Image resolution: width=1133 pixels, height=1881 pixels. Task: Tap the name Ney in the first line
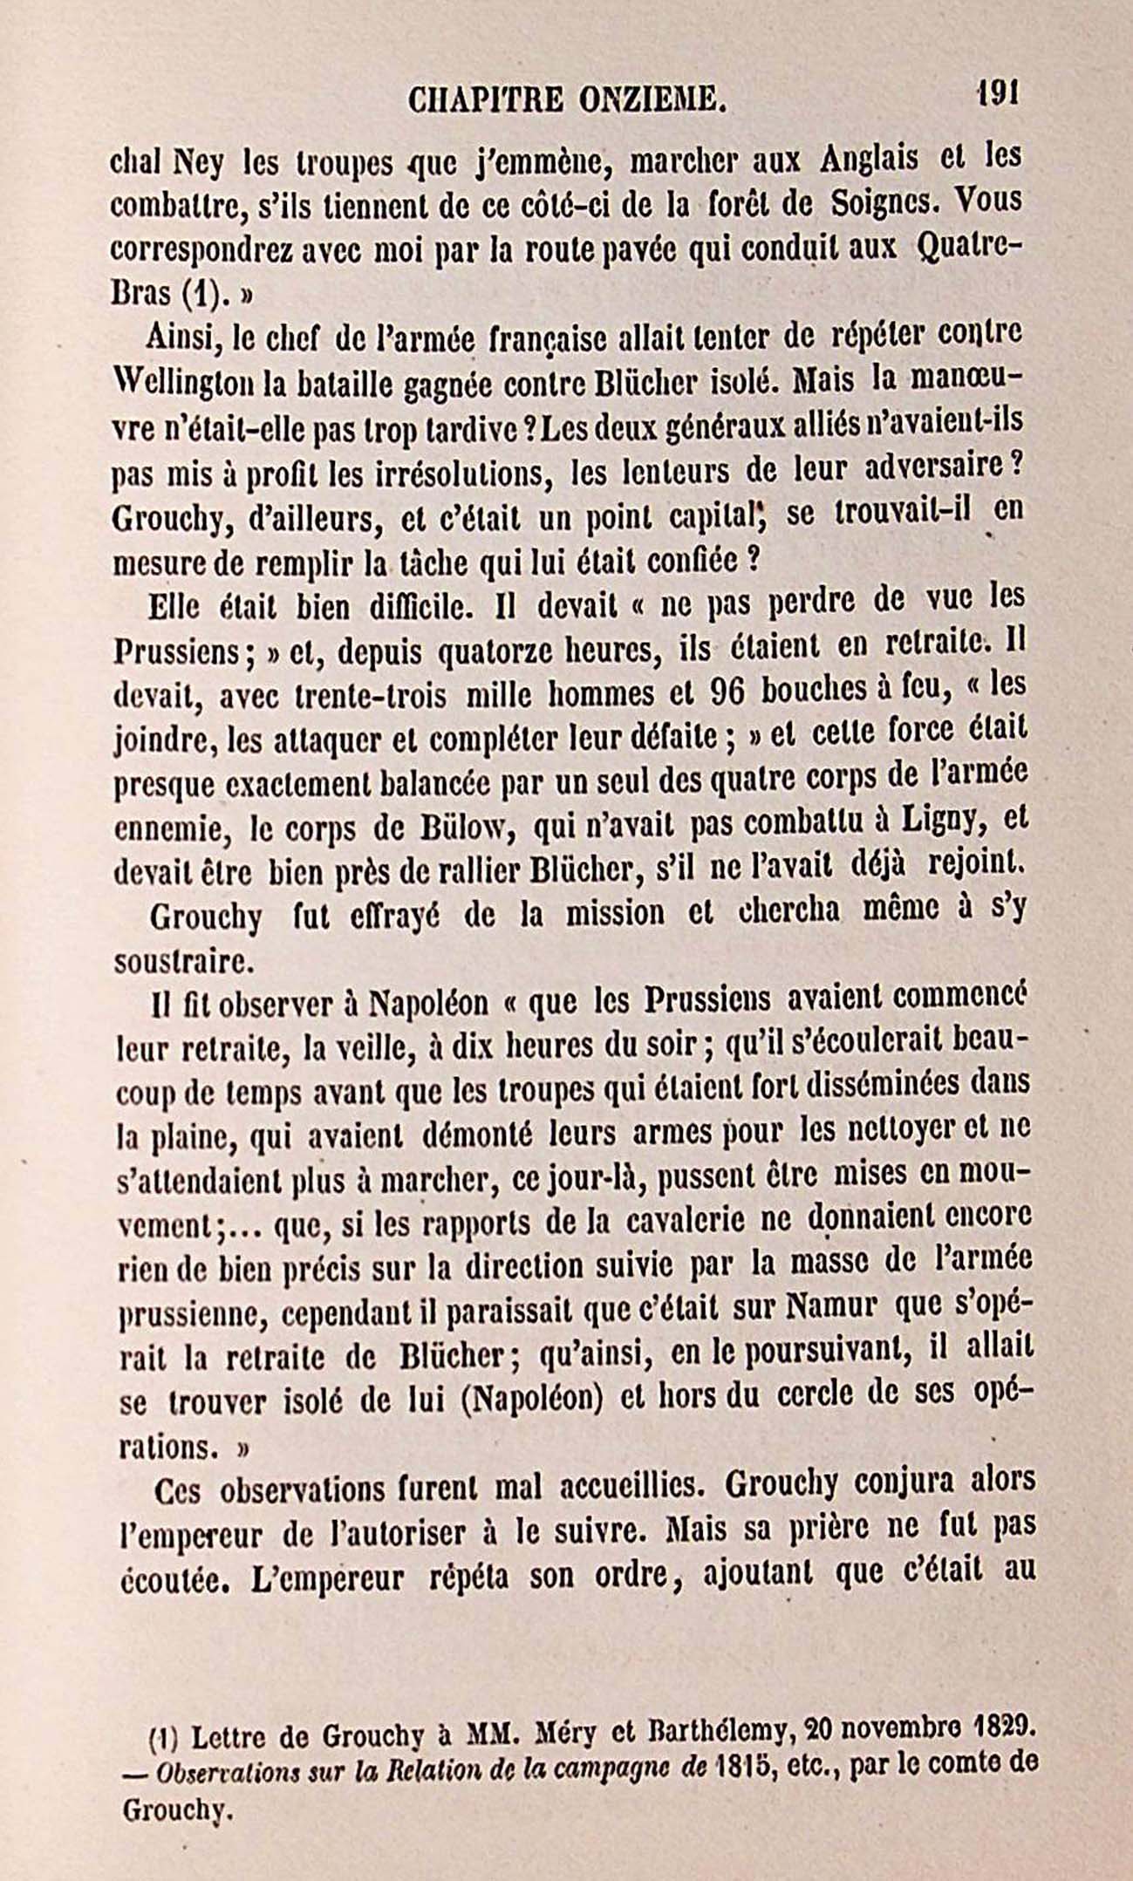tap(199, 160)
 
